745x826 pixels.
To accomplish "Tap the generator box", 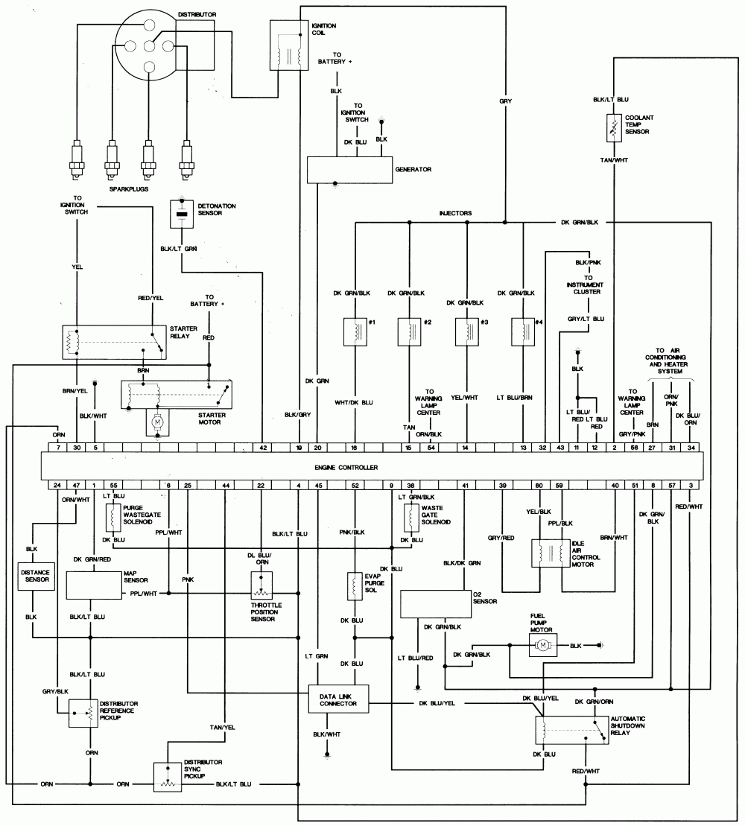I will (350, 170).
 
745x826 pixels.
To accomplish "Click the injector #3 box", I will (466, 332).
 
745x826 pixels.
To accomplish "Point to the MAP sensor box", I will (93, 585).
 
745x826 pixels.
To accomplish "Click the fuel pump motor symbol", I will (544, 645).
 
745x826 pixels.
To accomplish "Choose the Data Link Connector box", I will (337, 698).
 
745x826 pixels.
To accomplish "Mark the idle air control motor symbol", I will (551, 555).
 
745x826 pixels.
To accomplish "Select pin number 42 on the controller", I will (263, 448).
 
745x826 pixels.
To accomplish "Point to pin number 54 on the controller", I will (431, 448).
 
